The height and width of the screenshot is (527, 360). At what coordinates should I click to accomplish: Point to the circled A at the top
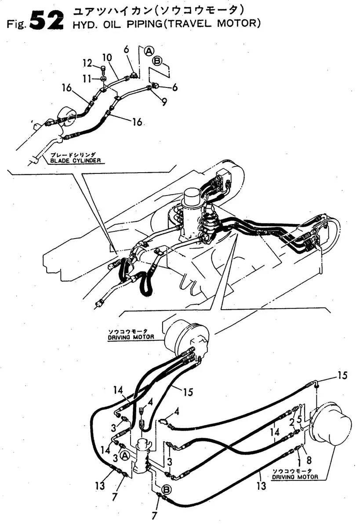point(149,51)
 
